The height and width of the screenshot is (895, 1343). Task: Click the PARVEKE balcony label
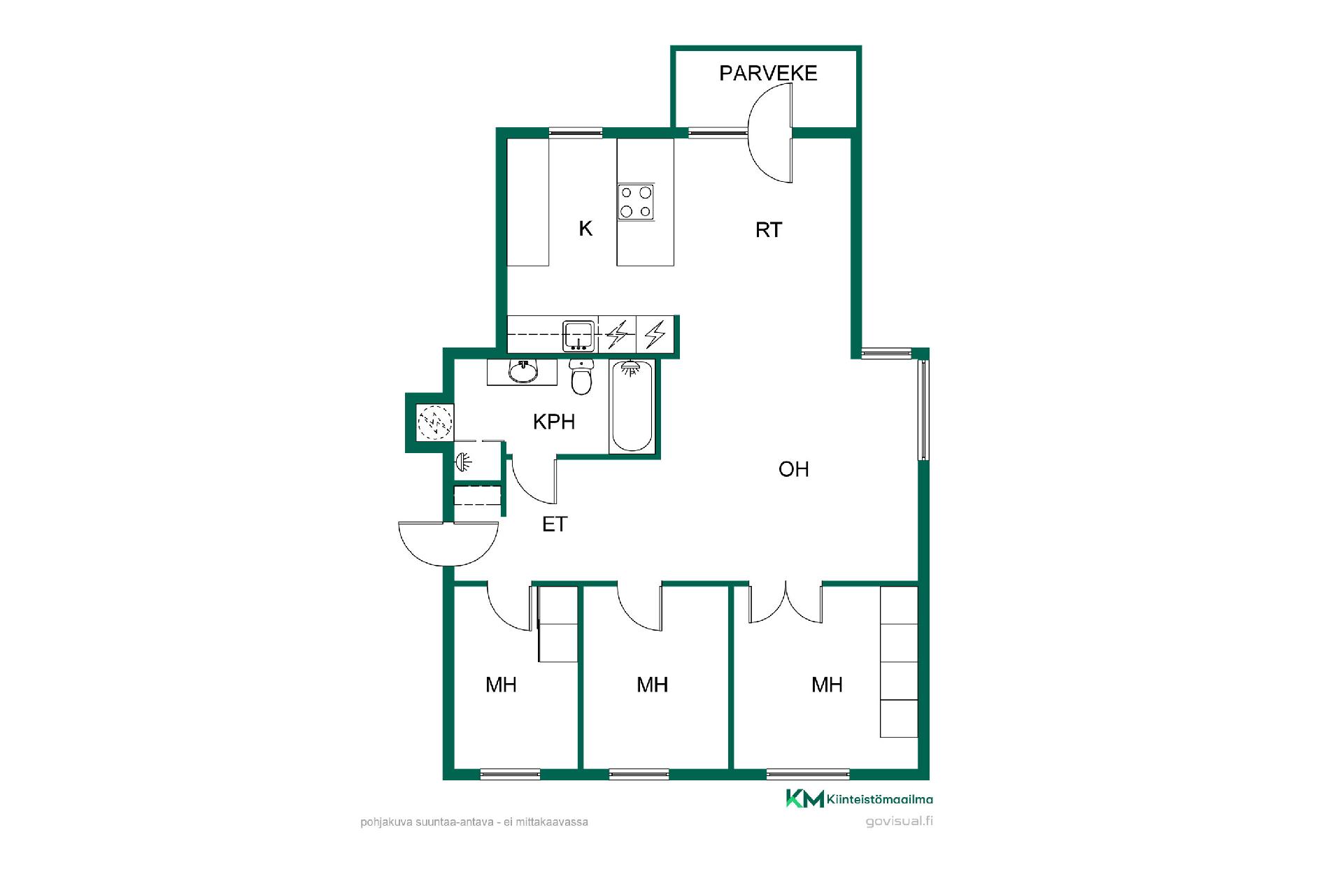coord(768,73)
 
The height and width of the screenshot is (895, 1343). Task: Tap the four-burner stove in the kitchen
coord(636,202)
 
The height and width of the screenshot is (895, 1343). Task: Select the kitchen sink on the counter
coord(579,336)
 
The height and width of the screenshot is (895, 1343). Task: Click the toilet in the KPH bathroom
coord(581,377)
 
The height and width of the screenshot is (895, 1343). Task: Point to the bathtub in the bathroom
coord(632,406)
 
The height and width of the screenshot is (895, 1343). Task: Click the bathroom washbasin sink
coord(523,371)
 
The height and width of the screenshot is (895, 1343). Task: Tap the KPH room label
coord(554,422)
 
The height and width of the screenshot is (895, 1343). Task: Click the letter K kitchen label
coord(585,229)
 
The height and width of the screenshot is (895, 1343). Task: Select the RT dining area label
coord(769,230)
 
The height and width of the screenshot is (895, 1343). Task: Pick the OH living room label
coord(794,469)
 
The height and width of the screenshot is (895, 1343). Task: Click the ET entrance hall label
coord(555,524)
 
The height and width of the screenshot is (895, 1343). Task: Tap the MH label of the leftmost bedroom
coord(501,685)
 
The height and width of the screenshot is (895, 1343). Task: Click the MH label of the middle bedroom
coord(652,685)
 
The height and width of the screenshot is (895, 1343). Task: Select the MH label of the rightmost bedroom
coord(827,685)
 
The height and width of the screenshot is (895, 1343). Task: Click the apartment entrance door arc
coord(448,564)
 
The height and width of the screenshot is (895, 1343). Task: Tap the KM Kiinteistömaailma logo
coord(859,799)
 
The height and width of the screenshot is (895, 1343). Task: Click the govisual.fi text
coord(899,822)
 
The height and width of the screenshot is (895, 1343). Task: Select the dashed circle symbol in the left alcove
coord(434,422)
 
